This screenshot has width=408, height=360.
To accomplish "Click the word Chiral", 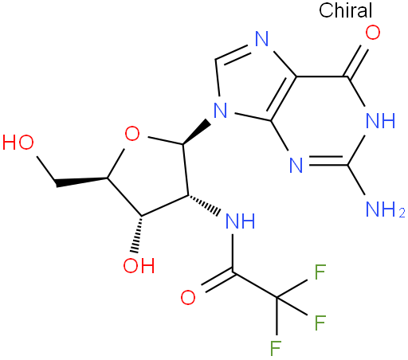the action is pyautogui.click(x=345, y=10).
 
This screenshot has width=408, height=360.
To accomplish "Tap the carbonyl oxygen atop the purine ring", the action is pyautogui.click(x=373, y=33).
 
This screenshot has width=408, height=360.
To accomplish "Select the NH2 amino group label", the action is pyautogui.click(x=385, y=209).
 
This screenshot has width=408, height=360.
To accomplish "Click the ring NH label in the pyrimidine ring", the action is pyautogui.click(x=380, y=121).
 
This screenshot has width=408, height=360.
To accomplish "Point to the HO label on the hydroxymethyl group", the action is pyautogui.click(x=18, y=143).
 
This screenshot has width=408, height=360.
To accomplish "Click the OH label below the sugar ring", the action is pyautogui.click(x=139, y=265).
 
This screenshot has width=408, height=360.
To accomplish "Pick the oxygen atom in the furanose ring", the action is pyautogui.click(x=132, y=134).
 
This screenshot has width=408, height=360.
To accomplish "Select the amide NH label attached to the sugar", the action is pyautogui.click(x=240, y=221).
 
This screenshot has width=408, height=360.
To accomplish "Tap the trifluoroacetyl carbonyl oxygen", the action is pyautogui.click(x=188, y=297).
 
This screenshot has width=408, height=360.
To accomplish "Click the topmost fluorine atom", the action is pyautogui.click(x=320, y=272).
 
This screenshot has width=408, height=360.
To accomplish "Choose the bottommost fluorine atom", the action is pyautogui.click(x=276, y=348).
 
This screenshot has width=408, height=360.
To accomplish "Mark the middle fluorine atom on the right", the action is pyautogui.click(x=320, y=323).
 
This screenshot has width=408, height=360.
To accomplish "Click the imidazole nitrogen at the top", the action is pyautogui.click(x=261, y=39).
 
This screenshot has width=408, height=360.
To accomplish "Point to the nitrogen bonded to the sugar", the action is pyautogui.click(x=220, y=111).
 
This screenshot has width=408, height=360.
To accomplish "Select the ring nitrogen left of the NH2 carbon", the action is pyautogui.click(x=296, y=165).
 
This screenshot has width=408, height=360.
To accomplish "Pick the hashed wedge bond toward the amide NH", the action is pyautogui.click(x=204, y=205).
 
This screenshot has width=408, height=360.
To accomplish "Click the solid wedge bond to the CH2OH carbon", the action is pyautogui.click(x=81, y=182).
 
